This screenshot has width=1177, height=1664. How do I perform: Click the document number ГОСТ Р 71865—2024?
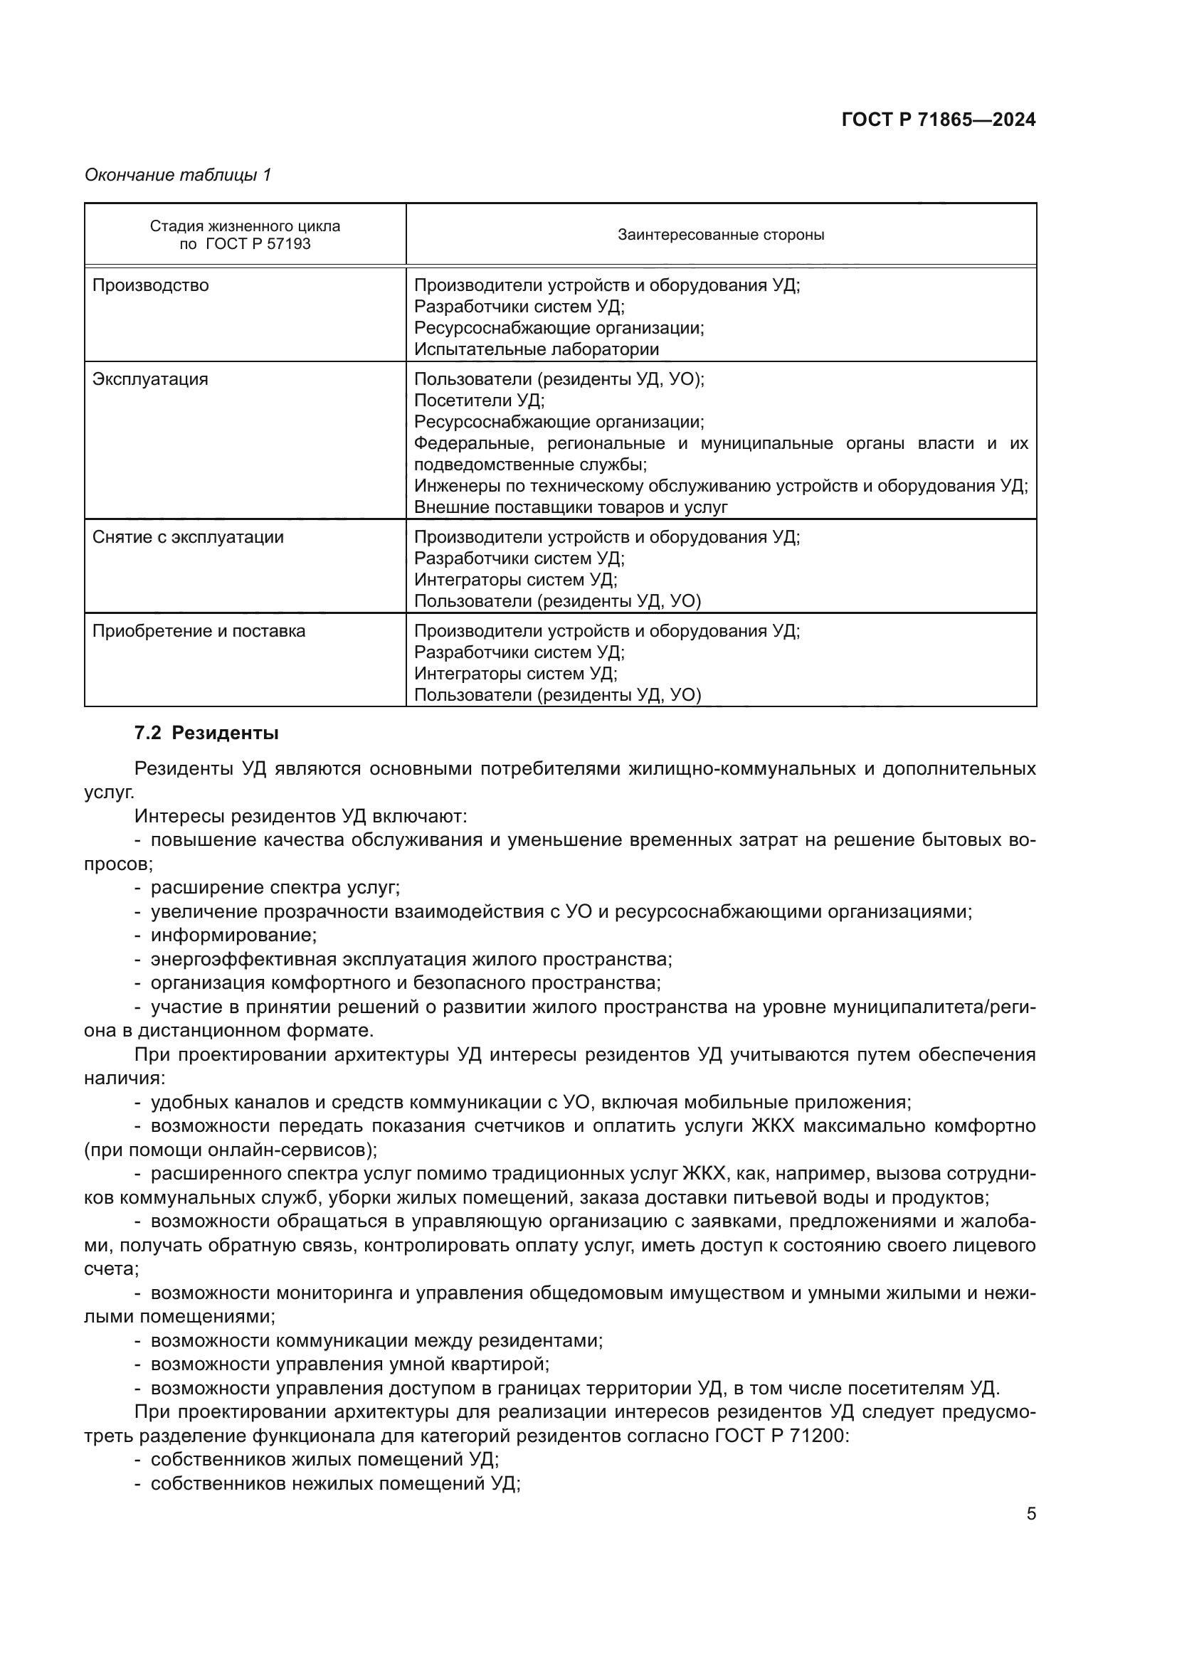tap(938, 120)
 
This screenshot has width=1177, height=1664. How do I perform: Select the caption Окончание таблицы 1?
tap(178, 175)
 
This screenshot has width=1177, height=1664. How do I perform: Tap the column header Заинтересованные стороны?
tap(720, 235)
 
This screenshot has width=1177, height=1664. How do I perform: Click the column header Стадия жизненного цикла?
tap(245, 226)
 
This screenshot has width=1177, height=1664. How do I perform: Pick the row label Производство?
tap(150, 285)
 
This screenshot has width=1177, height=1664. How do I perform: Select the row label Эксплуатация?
tap(150, 379)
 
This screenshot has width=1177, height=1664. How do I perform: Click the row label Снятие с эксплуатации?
tap(188, 537)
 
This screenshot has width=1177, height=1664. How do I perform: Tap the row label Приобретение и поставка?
tap(199, 631)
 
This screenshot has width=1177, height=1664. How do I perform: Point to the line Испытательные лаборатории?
tap(537, 349)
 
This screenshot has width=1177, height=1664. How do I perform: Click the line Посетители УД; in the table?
tap(479, 400)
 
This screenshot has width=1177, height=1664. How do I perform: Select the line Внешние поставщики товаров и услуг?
tap(571, 507)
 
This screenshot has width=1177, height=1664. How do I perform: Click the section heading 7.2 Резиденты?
tap(206, 733)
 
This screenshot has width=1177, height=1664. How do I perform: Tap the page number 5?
tap(1030, 1514)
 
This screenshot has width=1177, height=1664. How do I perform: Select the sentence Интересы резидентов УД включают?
tap(301, 816)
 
